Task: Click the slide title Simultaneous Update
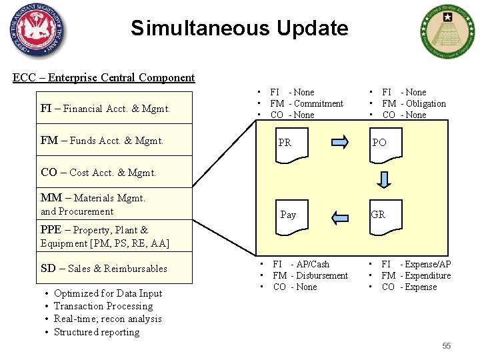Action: [x=239, y=28]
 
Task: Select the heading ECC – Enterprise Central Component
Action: [x=104, y=77]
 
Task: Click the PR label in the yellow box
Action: [x=285, y=143]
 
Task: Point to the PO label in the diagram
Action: [x=379, y=143]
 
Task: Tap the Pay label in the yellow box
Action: [x=288, y=215]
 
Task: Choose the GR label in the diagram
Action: [x=378, y=215]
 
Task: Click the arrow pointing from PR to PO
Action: [x=339, y=142]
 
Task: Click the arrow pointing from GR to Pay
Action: [x=339, y=215]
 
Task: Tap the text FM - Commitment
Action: [x=307, y=103]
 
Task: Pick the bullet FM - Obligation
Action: [x=414, y=103]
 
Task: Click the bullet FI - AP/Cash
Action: [x=301, y=264]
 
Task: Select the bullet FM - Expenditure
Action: [x=416, y=275]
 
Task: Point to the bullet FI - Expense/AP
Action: [x=416, y=264]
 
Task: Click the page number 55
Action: [x=446, y=345]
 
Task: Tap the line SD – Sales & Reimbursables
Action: [x=104, y=269]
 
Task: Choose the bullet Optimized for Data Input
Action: [x=108, y=293]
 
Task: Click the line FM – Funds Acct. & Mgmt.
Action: [x=102, y=141]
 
